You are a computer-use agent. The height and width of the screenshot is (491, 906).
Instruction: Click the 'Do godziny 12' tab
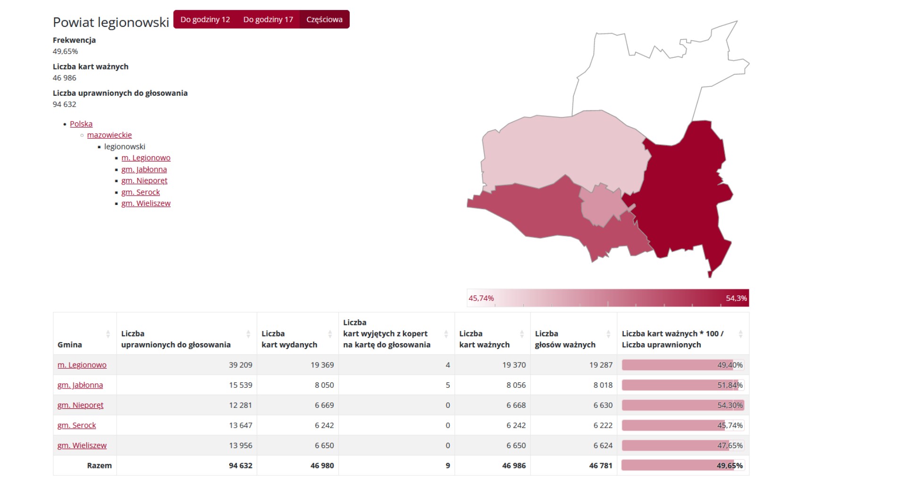205,19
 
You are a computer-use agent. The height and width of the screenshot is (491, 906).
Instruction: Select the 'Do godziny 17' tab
268,19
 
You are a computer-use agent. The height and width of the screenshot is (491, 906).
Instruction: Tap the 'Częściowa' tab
325,19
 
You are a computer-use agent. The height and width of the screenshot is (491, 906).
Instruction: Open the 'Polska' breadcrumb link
81,124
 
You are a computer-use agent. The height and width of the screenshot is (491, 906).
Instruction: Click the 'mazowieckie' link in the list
109,135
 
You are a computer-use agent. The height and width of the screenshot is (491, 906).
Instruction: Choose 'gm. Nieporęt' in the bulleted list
144,181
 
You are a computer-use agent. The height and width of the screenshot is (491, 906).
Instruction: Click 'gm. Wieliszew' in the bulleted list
146,203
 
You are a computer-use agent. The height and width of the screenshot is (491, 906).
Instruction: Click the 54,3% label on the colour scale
736,298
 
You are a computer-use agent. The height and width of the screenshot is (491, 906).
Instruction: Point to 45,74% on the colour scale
481,298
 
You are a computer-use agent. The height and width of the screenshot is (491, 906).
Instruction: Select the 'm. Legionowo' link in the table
82,365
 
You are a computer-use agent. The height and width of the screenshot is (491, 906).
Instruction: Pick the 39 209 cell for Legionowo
241,365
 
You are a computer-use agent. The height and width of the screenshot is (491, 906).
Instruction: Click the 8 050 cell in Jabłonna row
324,385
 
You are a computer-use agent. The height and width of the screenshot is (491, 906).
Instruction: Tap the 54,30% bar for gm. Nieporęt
683,405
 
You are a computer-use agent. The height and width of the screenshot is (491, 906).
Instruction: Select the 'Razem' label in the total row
100,466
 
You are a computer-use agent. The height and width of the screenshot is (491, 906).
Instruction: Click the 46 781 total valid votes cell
601,466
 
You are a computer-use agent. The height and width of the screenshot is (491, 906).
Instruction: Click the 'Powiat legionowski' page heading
111,22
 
